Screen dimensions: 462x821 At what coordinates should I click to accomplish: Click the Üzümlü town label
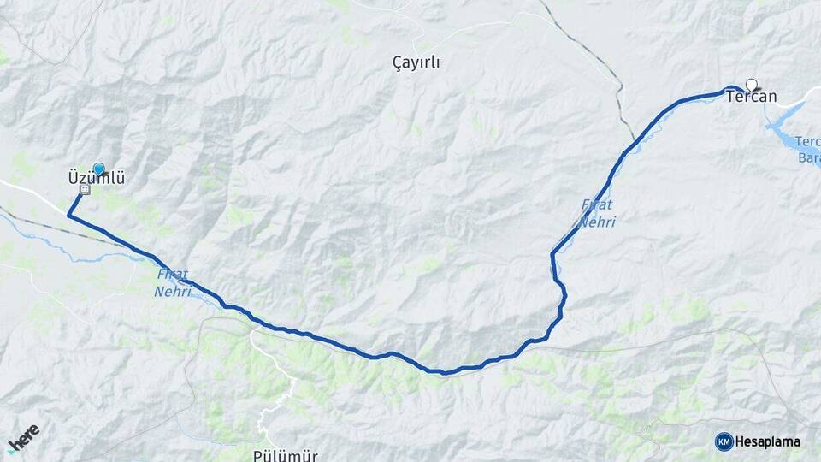pos(97,179)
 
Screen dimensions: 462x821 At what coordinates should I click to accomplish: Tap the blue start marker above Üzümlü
pos(98,169)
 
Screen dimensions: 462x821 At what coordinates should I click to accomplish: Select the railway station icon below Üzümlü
pos(85,190)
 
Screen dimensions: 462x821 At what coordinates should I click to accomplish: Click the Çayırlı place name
pos(422,62)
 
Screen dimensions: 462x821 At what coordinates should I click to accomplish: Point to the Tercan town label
pos(751,97)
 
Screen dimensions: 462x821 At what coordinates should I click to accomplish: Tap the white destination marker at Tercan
pos(752,84)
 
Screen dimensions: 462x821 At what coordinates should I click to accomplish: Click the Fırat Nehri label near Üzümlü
pos(173,283)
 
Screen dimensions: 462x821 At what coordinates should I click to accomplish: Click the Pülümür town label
pos(286,454)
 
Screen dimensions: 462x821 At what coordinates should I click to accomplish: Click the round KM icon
pos(724,441)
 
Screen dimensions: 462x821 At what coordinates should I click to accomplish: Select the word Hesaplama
pos(767,441)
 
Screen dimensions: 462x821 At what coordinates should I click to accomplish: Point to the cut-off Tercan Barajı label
pos(808,149)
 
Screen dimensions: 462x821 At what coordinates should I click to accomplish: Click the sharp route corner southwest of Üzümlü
pos(68,216)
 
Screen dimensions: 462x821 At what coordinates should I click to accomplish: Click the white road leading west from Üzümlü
pos(34,192)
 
